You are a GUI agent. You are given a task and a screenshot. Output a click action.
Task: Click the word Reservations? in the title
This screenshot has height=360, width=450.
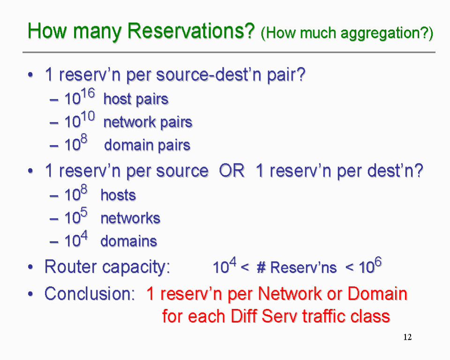[x=191, y=30]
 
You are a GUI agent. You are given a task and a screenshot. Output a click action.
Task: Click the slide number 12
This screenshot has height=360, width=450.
[x=407, y=337]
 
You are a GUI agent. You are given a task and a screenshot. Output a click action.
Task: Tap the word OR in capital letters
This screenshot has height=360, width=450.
[x=232, y=171]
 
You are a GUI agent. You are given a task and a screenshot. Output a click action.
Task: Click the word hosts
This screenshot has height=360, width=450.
[x=118, y=195]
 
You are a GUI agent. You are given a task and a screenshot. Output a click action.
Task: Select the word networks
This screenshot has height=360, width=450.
[x=130, y=218]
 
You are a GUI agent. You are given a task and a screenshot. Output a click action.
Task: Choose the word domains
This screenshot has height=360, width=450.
[x=129, y=241]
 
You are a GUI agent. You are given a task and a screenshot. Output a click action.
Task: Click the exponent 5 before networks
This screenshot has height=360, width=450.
[x=84, y=213]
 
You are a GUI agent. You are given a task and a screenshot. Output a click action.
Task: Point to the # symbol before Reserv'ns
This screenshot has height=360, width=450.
[x=261, y=268]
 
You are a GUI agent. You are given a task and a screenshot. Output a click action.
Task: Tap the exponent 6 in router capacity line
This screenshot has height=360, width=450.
[x=378, y=262]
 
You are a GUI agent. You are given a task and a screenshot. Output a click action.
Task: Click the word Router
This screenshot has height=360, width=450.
[x=71, y=267]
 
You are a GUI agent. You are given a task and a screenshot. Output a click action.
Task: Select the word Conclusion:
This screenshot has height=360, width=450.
[x=90, y=294]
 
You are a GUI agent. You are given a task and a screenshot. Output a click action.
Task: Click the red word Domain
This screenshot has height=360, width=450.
[x=377, y=294]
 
